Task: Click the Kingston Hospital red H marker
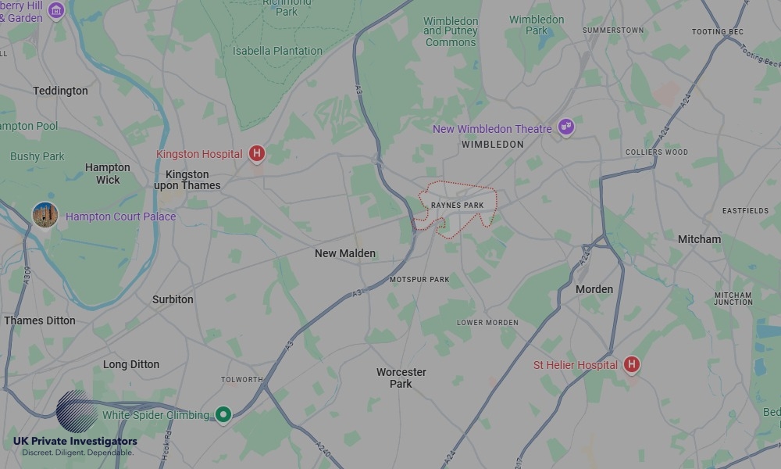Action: [x=257, y=154]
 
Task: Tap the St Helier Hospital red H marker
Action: [x=632, y=364]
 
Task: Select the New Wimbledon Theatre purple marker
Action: [x=566, y=127]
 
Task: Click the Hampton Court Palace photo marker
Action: [x=45, y=215]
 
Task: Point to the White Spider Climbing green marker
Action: [x=223, y=414]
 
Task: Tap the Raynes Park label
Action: [x=458, y=206]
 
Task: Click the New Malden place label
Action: [x=345, y=253]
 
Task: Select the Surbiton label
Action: [x=173, y=299]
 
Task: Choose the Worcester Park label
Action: [x=401, y=378]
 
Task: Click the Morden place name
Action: [x=594, y=289]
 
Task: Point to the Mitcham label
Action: [x=699, y=239]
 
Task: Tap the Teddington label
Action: [x=60, y=91]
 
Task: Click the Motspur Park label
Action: [x=419, y=279]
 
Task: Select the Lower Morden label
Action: [x=487, y=323]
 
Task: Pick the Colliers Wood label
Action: [x=657, y=152]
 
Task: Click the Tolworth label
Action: [x=242, y=380]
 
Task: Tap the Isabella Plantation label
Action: [x=277, y=51]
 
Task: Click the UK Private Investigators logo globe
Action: [x=77, y=411]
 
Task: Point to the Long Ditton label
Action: [x=131, y=364]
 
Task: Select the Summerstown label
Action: [x=613, y=30]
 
